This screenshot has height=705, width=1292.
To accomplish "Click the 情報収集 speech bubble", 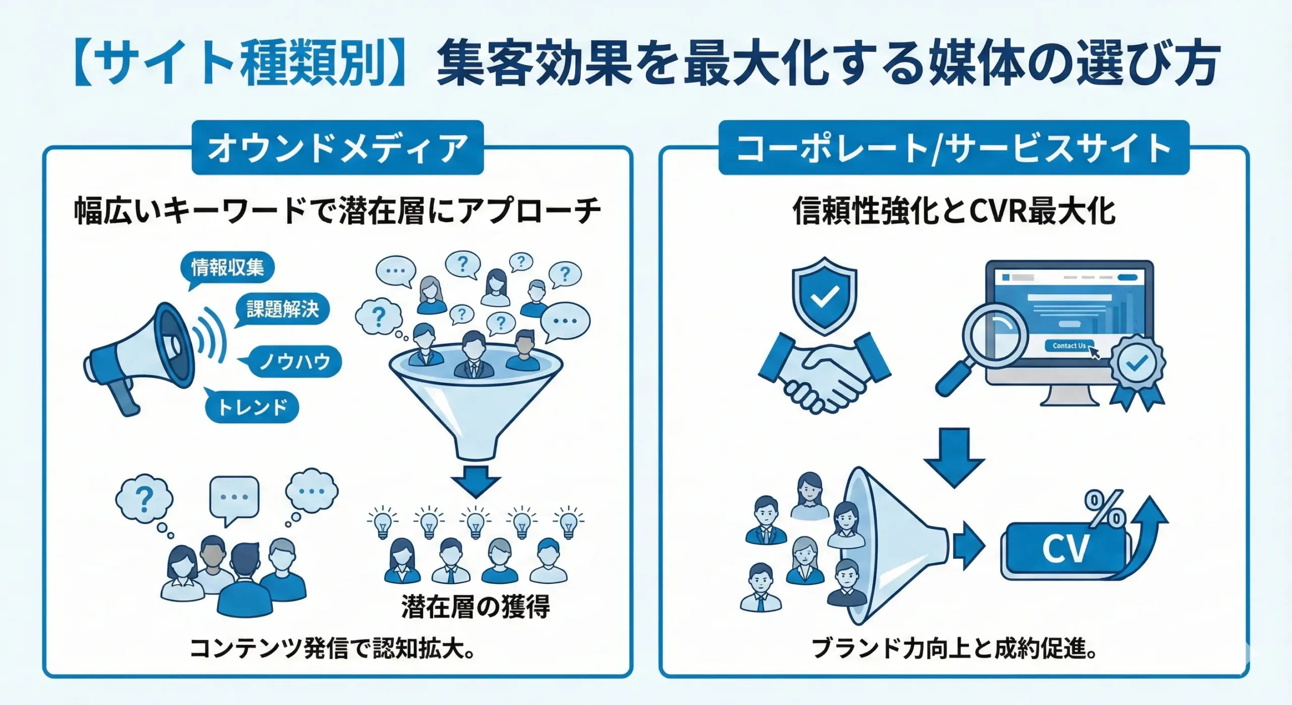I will (228, 268).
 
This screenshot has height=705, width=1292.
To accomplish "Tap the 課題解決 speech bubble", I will (283, 309).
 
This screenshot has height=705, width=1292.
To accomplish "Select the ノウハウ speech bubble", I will (295, 362).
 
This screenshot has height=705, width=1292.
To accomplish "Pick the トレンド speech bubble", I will (252, 407).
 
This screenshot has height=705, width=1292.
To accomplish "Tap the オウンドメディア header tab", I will (338, 148).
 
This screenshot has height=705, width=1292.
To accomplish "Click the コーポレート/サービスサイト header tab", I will (953, 148).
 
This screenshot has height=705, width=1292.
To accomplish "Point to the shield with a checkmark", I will (824, 296).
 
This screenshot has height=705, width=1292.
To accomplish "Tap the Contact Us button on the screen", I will (1068, 346).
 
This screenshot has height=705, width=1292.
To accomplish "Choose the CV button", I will (1065, 550).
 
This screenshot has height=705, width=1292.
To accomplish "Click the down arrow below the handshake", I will (954, 457).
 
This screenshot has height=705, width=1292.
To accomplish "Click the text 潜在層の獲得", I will (475, 607).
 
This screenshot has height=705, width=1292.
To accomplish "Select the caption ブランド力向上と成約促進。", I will (954, 648).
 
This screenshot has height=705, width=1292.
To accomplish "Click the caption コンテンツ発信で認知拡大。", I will (333, 648).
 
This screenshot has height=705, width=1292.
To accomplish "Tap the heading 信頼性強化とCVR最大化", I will (954, 211).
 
